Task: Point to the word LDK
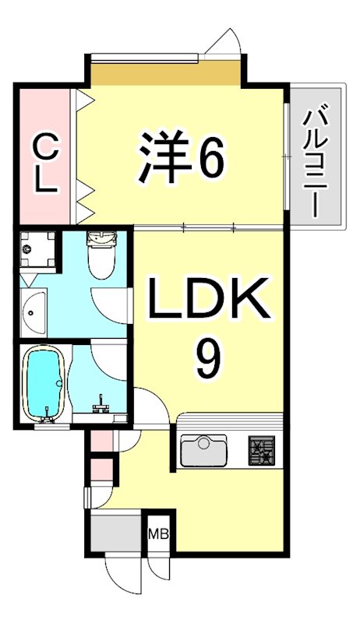[209, 300]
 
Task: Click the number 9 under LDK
[209, 357]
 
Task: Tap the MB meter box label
[158, 534]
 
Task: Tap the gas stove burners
[262, 450]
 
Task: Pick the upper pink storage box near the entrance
[101, 442]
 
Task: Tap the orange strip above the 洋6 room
[164, 75]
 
